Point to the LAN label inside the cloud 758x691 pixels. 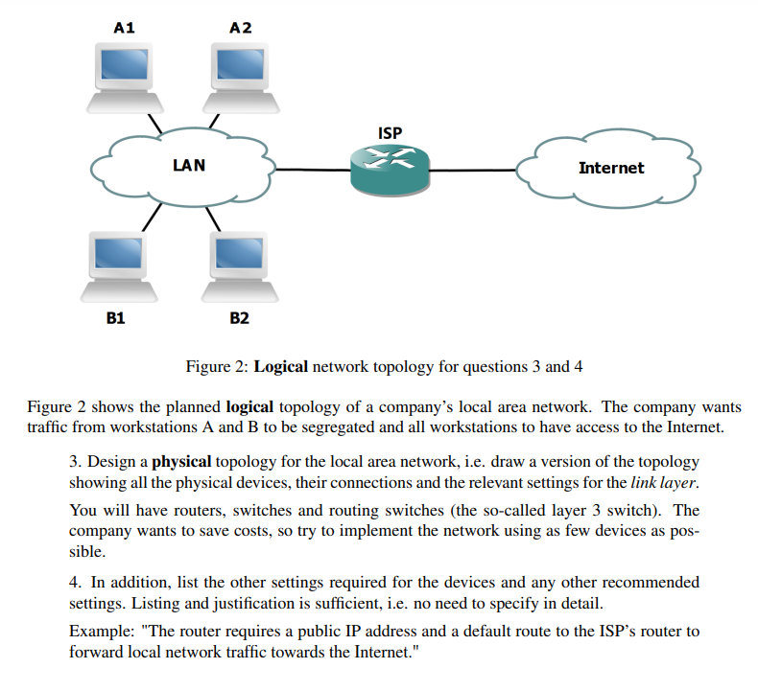pyautogui.click(x=188, y=165)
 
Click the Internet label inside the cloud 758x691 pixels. pyautogui.click(x=611, y=168)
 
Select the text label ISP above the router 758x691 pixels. pyautogui.click(x=390, y=133)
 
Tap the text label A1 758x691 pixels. pyautogui.click(x=124, y=28)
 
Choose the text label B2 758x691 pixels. pyautogui.click(x=239, y=317)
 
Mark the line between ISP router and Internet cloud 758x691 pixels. pyautogui.click(x=475, y=171)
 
